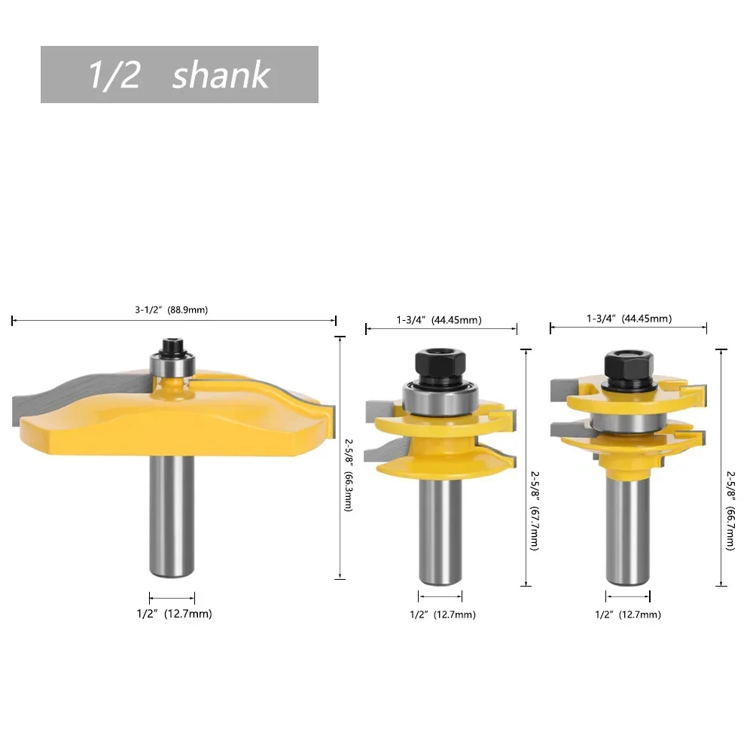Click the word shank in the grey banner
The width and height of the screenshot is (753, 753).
pyautogui.click(x=220, y=75)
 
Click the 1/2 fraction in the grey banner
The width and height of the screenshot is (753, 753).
pyautogui.click(x=114, y=75)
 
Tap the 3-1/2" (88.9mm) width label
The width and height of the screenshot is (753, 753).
pyautogui.click(x=171, y=309)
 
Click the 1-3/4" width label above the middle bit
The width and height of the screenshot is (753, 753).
pyautogui.click(x=439, y=320)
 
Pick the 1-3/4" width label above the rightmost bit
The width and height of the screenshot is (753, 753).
pyautogui.click(x=629, y=319)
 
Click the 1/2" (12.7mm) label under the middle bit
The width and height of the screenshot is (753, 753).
pyautogui.click(x=443, y=614)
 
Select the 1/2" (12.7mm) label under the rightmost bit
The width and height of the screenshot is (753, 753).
pyautogui.click(x=628, y=614)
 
